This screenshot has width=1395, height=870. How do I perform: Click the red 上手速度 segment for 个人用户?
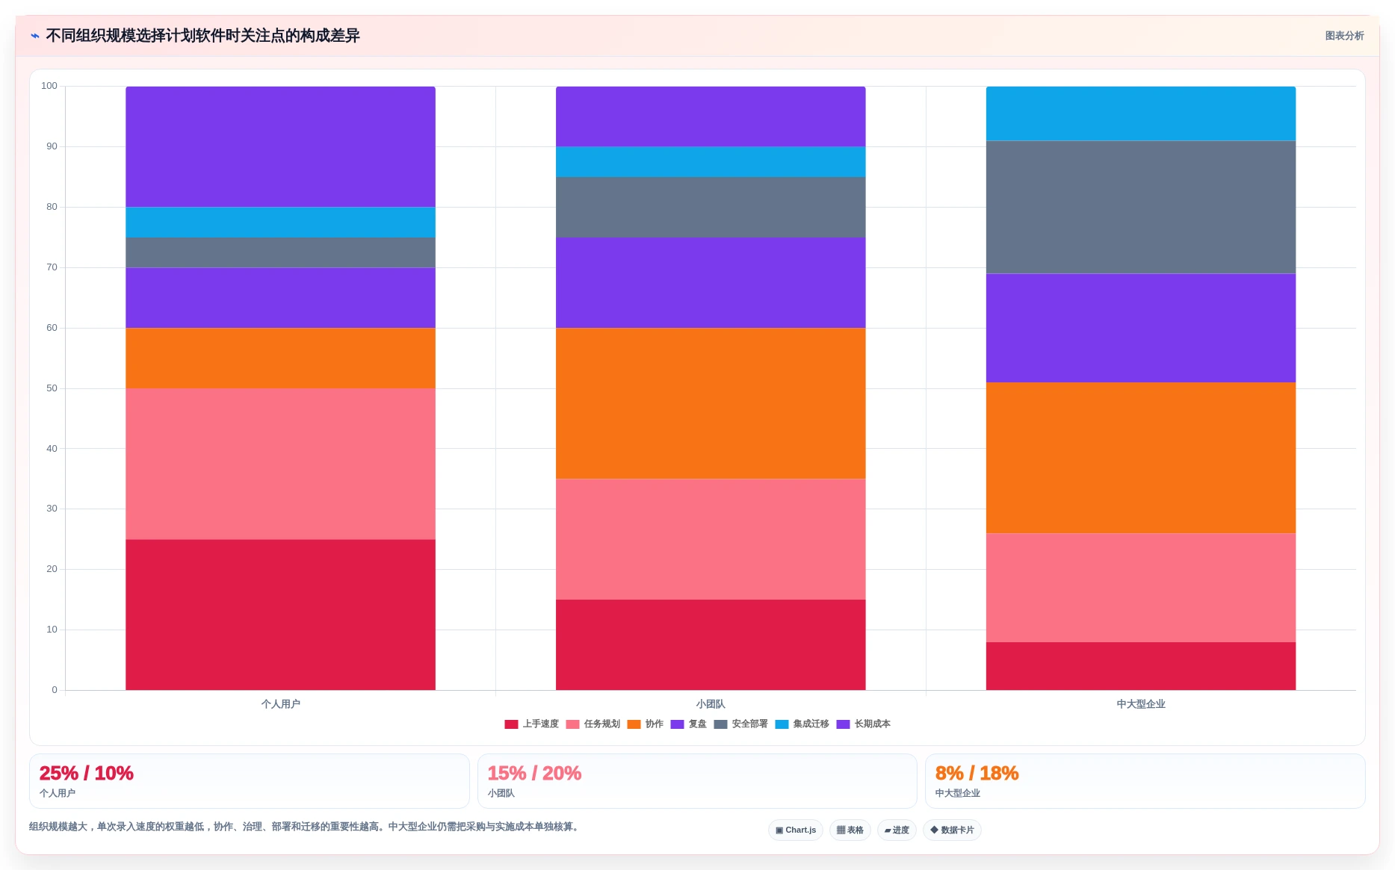[x=280, y=615]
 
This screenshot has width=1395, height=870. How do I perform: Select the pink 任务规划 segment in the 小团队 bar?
[x=711, y=539]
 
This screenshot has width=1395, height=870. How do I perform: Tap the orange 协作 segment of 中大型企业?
[x=1141, y=458]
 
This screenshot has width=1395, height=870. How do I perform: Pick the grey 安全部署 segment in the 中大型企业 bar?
[x=1141, y=207]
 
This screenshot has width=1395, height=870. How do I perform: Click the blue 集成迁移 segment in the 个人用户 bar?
[x=280, y=222]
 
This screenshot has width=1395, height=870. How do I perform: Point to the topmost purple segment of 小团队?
[x=711, y=116]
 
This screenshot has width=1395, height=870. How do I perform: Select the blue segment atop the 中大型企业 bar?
[x=1141, y=114]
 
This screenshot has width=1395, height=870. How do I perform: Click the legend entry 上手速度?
[x=531, y=724]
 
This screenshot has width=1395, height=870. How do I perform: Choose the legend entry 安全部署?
[x=740, y=724]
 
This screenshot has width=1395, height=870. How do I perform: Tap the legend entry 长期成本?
[x=863, y=724]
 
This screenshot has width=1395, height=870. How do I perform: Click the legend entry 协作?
[x=645, y=724]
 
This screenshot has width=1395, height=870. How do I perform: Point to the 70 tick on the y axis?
[x=52, y=267]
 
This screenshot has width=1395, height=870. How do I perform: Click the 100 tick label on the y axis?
[x=49, y=86]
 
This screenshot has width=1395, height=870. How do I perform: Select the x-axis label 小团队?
[x=711, y=704]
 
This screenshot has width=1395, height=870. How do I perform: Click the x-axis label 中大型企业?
[x=1141, y=704]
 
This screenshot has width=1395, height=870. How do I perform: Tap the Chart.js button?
[x=796, y=830]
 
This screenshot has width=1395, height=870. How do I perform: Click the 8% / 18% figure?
[x=977, y=773]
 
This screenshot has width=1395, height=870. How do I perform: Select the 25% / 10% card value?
[x=86, y=773]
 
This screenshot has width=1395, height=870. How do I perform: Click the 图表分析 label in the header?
[x=1344, y=36]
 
